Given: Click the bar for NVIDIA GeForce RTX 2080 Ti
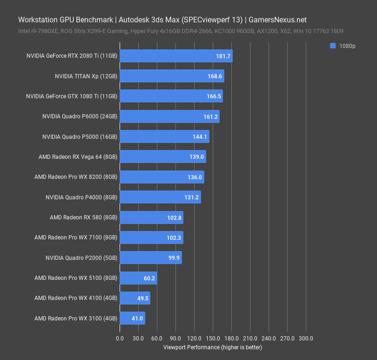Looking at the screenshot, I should point(176,56).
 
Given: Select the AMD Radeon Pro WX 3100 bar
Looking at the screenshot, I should point(132,318).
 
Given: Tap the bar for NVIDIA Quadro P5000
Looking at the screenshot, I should point(164,136).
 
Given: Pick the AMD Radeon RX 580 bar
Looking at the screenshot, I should point(151,218).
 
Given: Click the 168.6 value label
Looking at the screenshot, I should point(214,76).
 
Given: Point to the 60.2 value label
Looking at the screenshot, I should point(149,278).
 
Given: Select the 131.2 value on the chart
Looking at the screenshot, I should point(191,197).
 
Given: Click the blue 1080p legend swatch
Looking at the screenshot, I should point(333,46).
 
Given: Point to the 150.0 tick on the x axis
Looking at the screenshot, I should point(213,338).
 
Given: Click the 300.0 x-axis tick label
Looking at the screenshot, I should point(306,338).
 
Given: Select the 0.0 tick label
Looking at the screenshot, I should point(120,338).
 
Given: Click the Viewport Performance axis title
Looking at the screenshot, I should point(213,347).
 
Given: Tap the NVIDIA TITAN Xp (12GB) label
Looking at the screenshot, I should point(86,76).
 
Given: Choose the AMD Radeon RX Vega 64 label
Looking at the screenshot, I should point(78,157).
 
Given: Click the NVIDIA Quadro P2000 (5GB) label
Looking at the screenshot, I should point(82,258).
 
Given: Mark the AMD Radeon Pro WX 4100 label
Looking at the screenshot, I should point(76,298).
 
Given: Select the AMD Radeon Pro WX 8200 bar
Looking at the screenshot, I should point(162,177).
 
